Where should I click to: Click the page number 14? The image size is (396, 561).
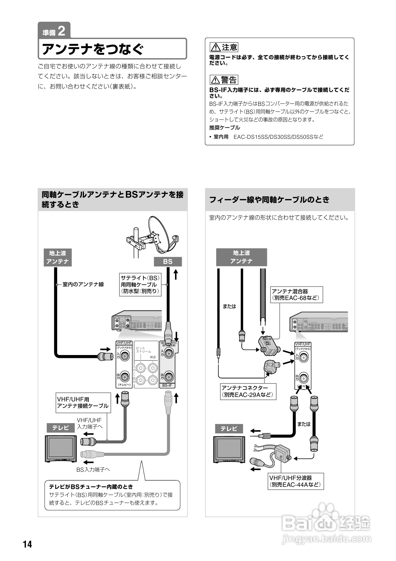click(x=27, y=544)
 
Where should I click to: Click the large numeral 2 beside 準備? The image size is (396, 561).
click(x=62, y=31)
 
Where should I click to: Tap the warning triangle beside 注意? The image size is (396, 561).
click(x=215, y=48)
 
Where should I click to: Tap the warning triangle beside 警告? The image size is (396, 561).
click(x=215, y=80)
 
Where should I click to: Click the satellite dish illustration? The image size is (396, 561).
click(x=161, y=233)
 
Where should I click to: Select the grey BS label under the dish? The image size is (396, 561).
click(x=168, y=262)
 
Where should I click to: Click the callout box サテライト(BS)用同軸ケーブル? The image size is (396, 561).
click(x=140, y=284)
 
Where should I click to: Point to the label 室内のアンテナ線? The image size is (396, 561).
click(x=83, y=284)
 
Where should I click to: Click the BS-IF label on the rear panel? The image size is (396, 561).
click(x=167, y=385)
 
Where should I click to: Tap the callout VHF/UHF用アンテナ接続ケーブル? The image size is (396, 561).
click(x=83, y=402)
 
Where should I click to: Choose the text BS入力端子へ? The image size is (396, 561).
click(x=93, y=470)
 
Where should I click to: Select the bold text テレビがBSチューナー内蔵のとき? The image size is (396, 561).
click(x=91, y=486)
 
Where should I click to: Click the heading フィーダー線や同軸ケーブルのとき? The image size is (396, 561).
click(x=269, y=200)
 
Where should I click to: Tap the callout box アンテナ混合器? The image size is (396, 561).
click(x=296, y=295)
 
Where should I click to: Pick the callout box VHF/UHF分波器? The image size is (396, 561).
click(x=296, y=481)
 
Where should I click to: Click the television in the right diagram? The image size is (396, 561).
click(x=229, y=449)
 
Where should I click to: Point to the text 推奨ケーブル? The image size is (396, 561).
click(x=225, y=128)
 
